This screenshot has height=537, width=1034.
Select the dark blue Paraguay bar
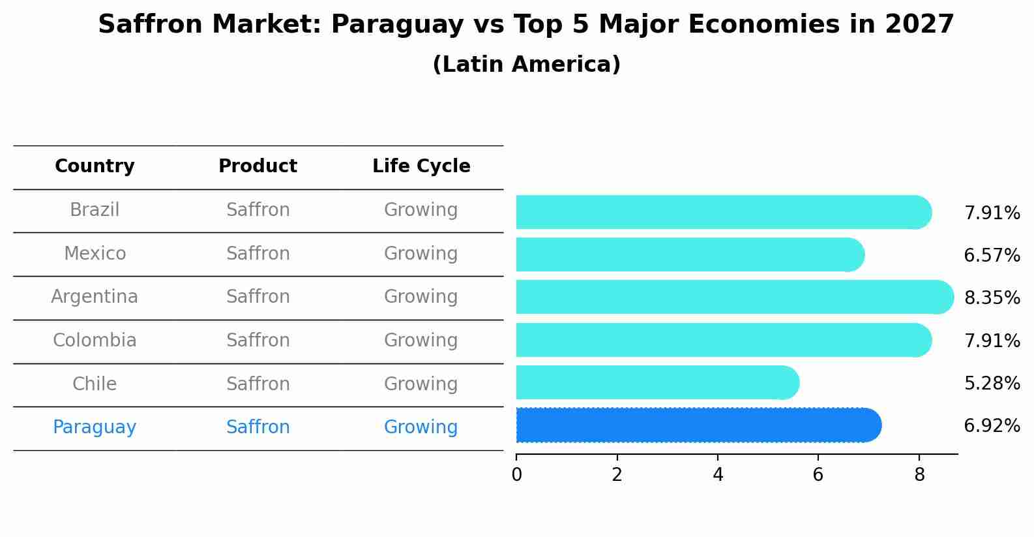pos(698,425)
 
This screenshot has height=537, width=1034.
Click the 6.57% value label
pos(992,256)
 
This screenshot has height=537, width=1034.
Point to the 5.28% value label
pos(992,384)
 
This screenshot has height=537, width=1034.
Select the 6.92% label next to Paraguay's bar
pos(992,426)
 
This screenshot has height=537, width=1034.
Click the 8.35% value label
pos(992,298)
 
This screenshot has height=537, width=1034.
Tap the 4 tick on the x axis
pos(718,475)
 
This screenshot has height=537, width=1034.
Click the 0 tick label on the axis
pos(516,475)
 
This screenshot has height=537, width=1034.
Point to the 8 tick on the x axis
pos(919,475)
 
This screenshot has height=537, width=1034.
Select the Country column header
pos(95,166)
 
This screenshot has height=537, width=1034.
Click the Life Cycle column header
pos(421,166)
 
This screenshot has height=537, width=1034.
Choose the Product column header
pos(258,166)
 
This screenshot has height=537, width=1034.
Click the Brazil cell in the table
pos(95,210)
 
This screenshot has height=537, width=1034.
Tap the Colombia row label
pos(95,341)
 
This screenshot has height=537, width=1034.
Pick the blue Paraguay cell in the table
pos(95,427)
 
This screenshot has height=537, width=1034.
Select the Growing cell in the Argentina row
pos(421,297)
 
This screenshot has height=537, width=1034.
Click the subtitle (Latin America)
pos(526,65)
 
